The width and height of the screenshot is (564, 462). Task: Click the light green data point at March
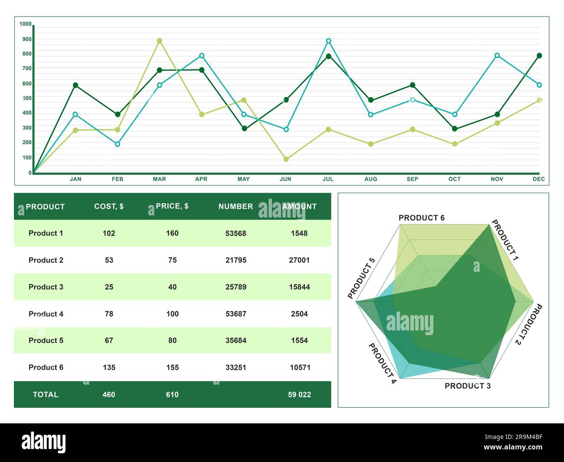click(159, 41)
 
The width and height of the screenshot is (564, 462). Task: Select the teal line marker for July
click(328, 41)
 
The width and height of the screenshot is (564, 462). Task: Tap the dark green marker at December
click(539, 56)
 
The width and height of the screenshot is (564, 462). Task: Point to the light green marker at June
click(286, 159)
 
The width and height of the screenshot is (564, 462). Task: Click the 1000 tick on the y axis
click(26, 24)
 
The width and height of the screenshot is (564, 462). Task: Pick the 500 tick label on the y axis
click(27, 98)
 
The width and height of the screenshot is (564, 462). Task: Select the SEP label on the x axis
click(412, 179)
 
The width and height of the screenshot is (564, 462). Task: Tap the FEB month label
click(118, 179)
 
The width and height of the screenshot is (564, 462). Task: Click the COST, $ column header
click(109, 206)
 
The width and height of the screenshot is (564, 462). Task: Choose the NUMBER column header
click(236, 207)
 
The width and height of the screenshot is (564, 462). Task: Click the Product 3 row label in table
click(46, 287)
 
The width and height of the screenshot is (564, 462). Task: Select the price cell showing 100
click(172, 314)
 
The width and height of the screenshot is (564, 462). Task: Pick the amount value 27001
click(299, 260)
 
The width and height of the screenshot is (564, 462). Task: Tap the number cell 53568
click(236, 233)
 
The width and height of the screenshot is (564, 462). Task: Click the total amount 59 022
click(299, 395)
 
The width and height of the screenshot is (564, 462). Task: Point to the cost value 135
click(109, 367)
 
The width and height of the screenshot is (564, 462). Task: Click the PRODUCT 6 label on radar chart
click(421, 218)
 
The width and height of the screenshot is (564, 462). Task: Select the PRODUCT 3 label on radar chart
click(467, 386)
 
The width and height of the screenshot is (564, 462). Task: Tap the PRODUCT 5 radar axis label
click(361, 278)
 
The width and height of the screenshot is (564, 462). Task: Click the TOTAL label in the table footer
click(46, 395)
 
